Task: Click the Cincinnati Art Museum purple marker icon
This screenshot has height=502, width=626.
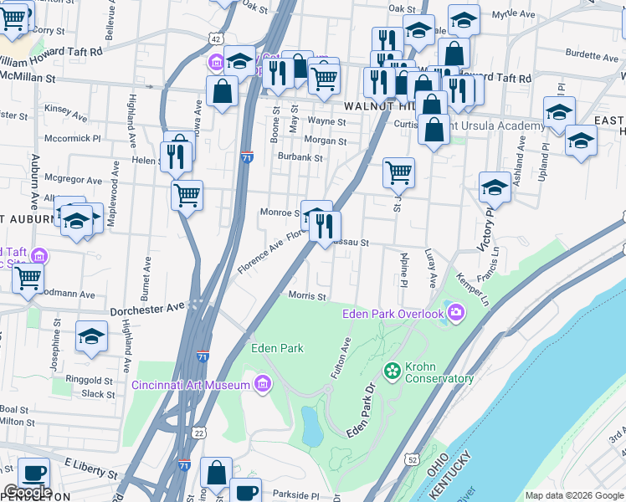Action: coord(263,384)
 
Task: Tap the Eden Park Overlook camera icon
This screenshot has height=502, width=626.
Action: coord(455,314)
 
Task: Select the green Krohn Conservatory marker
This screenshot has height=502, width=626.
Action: coord(391,369)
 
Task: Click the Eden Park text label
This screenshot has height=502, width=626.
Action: coord(277,348)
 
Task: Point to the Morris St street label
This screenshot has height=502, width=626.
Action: coord(306,296)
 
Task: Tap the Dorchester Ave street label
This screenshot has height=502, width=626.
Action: coord(146,308)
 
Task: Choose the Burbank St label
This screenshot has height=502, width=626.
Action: coord(301,157)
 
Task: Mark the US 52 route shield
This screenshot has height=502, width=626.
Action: coord(412,459)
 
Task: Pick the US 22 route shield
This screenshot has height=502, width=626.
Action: coord(198,432)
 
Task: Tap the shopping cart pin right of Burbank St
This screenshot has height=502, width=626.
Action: coord(399,173)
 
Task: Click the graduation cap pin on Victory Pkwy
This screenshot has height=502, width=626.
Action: coord(495,187)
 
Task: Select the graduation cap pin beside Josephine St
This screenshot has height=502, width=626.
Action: coord(91,336)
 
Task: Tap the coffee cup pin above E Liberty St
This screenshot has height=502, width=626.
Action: coord(33,473)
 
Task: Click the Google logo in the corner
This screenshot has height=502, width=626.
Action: coord(28,492)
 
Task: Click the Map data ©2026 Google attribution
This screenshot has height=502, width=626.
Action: coord(573,495)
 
